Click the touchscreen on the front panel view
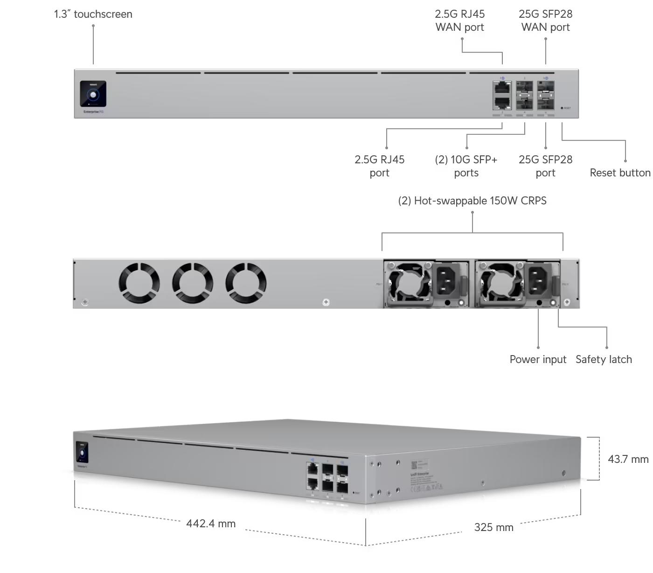93,93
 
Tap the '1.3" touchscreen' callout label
93,14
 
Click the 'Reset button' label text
620,173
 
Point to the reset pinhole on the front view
561,108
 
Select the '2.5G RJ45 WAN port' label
460,21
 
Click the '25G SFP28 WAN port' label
546,21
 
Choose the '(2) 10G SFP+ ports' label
466,166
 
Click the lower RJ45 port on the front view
502,103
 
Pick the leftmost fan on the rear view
139,282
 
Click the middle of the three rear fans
193,282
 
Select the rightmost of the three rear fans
246,282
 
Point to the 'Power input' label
538,360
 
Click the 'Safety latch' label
604,360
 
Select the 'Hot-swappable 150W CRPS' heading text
473,201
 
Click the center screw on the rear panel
326,302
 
